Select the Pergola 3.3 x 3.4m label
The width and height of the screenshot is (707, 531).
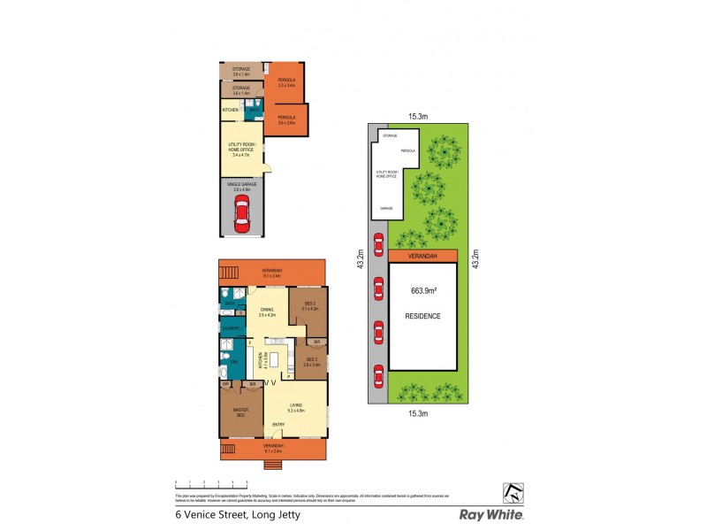click(x=285, y=83)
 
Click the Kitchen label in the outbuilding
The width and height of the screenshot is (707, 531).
click(x=230, y=110)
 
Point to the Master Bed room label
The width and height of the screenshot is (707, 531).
click(x=240, y=412)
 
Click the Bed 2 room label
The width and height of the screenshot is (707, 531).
click(x=311, y=359)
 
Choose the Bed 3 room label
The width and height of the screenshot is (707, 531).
click(x=310, y=306)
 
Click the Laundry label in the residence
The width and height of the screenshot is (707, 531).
click(x=230, y=327)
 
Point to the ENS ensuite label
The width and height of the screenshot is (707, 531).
click(x=234, y=363)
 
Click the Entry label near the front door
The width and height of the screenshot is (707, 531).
click(x=277, y=425)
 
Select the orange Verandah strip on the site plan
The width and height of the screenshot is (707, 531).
click(x=422, y=256)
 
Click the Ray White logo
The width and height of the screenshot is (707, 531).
click(x=491, y=514)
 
